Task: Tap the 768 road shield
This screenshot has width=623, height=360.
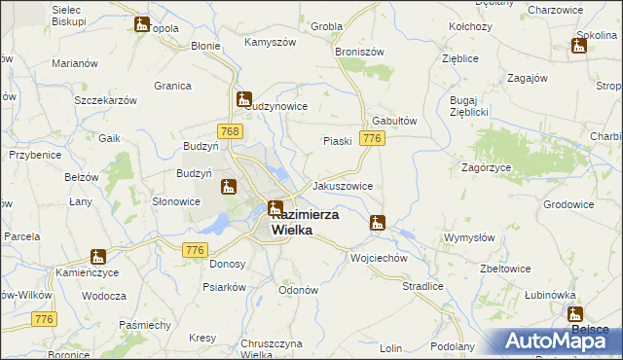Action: (231, 131)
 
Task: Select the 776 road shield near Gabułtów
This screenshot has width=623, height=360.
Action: (371, 140)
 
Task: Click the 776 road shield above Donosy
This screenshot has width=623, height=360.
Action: (194, 250)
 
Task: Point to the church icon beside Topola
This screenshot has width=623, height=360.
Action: (142, 25)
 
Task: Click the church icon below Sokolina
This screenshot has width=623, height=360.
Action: (578, 46)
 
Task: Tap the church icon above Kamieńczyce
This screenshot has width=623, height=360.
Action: (98, 258)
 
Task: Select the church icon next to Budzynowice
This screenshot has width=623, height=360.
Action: (243, 98)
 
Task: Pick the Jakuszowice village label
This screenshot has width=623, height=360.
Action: (342, 185)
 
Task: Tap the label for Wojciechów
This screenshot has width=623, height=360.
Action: (378, 259)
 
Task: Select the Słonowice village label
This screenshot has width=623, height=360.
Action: (176, 201)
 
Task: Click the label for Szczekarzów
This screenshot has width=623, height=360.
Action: (102, 100)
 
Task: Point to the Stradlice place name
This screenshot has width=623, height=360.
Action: (423, 286)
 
